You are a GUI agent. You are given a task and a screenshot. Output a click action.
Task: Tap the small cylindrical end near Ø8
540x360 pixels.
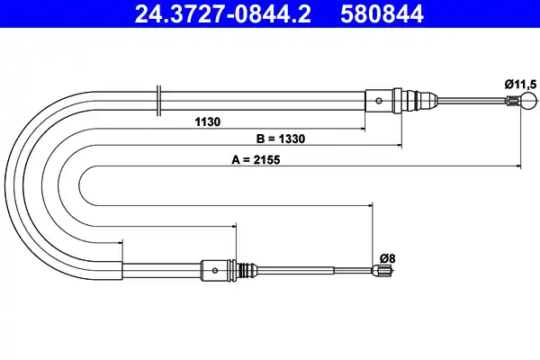pyautogui.click(x=382, y=268)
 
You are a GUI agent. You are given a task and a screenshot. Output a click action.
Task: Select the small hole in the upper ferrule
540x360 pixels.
pyautogui.click(x=380, y=100)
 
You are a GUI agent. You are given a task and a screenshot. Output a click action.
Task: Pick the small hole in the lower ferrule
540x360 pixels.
pyautogui.click(x=215, y=268)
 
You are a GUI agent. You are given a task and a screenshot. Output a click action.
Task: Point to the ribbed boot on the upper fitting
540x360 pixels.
pyautogui.click(x=409, y=100)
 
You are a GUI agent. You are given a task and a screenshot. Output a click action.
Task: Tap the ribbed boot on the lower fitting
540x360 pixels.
pyautogui.click(x=240, y=268)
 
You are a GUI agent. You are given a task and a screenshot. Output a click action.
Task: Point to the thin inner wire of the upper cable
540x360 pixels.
pyautogui.click(x=468, y=100)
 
